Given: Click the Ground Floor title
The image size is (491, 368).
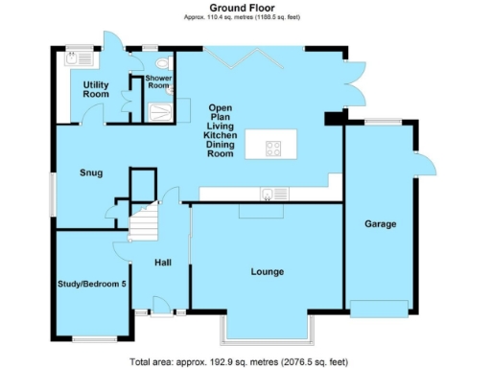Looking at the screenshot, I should tap(245, 9).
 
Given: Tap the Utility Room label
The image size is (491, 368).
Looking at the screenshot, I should tap(95, 90).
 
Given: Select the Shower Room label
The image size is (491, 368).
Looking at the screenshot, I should tap(158, 82).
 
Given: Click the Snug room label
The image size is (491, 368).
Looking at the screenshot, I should tap(91, 172).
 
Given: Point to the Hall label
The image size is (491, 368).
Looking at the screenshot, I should tap(166, 260).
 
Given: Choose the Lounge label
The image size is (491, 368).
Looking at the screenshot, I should tap(267, 272).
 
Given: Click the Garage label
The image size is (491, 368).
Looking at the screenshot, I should tap(380, 223).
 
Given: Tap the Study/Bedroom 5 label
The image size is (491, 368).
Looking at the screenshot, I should tap(91, 284).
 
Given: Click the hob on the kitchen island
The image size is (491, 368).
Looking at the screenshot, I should tap(273, 148).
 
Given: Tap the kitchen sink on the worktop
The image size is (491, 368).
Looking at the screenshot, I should tap(267, 194).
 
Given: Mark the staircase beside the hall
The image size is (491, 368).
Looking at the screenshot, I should tap(143, 225).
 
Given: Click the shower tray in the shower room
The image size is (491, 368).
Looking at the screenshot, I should tap(160, 111).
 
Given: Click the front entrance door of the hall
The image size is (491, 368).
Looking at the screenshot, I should tap(155, 311).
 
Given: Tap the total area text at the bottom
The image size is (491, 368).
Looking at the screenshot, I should tap(245, 361).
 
